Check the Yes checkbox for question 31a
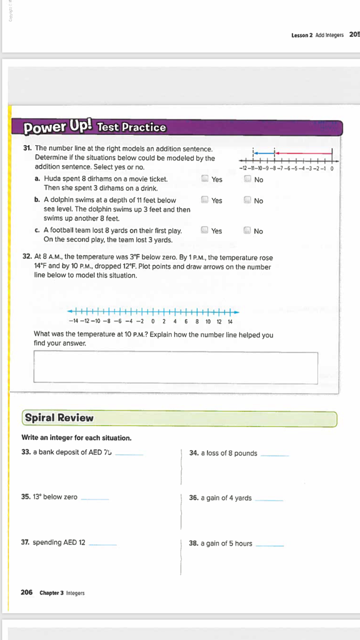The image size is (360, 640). tap(205, 179)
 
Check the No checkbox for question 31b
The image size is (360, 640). tap(247, 201)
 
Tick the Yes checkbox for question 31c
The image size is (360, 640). tap(205, 231)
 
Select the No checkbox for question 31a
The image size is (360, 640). tap(247, 179)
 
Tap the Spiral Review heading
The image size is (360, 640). tap(59, 418)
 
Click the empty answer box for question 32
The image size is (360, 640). tap(176, 367)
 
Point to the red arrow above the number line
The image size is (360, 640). tap(304, 154)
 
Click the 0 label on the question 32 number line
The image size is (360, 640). tap(152, 322)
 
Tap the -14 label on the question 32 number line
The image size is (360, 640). tap(74, 322)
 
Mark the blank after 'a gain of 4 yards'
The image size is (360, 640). tap(269, 500)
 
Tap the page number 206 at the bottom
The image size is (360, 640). tap(26, 592)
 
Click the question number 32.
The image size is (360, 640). tap(27, 257)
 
